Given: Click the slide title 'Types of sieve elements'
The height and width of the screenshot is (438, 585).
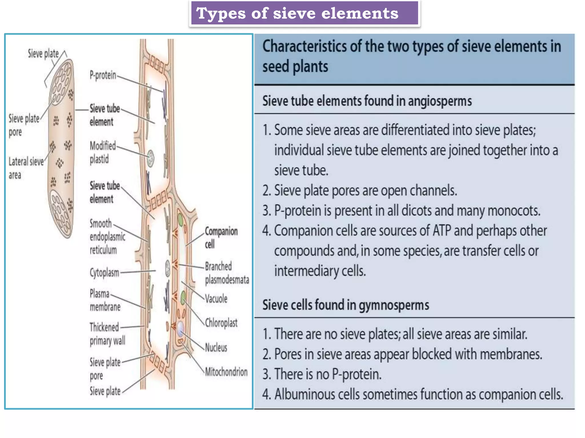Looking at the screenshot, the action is (x=297, y=13).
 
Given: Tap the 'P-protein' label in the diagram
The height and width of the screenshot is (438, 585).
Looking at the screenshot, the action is (x=103, y=75).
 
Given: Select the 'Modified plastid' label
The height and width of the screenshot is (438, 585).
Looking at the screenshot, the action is (x=102, y=152).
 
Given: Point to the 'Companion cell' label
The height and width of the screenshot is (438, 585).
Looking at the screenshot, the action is (x=221, y=237).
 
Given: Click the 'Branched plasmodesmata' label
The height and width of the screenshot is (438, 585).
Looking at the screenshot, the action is (x=227, y=273).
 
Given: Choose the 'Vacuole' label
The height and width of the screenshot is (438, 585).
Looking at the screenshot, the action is (x=216, y=299).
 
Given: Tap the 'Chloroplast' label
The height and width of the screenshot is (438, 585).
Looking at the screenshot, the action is (x=221, y=323).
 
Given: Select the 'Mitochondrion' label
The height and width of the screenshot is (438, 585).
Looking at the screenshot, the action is (x=226, y=372).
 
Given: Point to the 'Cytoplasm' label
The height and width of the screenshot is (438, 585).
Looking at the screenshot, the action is (x=104, y=272).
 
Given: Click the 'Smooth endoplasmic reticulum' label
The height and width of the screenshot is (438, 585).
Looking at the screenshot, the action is (x=107, y=237).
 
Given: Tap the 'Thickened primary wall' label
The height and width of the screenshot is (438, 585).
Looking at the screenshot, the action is (x=107, y=334).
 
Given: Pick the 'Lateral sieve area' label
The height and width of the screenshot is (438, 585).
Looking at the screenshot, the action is (x=26, y=168).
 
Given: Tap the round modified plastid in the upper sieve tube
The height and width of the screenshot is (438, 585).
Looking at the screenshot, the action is (x=151, y=158).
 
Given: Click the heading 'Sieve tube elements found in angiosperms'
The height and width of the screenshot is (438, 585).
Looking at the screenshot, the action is (x=367, y=101).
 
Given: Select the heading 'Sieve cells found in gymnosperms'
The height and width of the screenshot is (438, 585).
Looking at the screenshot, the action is (x=346, y=305).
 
